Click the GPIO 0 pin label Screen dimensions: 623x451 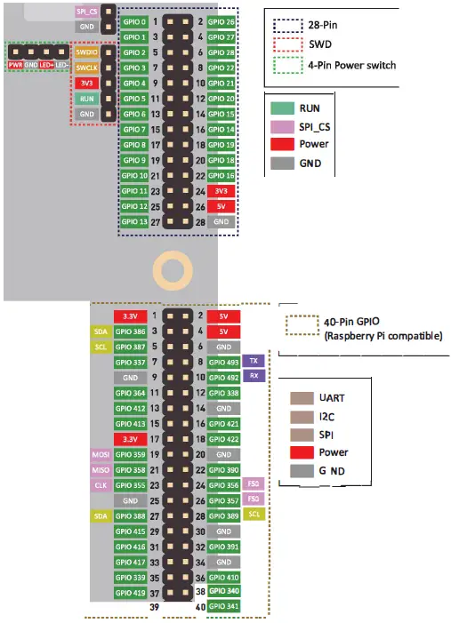point(133,22)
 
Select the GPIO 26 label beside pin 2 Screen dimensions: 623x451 point(221,22)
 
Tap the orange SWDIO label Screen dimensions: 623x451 point(86,52)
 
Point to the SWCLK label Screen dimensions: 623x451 point(86,68)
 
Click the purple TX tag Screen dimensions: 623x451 point(254,361)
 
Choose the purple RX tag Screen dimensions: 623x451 point(254,376)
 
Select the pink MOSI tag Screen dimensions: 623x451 point(101,454)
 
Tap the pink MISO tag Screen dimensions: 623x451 point(101,469)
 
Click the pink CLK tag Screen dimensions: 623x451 point(101,485)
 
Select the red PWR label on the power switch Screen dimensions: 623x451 point(15,65)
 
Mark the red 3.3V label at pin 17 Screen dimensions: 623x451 point(130,438)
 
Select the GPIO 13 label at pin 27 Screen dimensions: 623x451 point(133,221)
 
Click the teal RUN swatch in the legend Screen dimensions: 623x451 point(283,108)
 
